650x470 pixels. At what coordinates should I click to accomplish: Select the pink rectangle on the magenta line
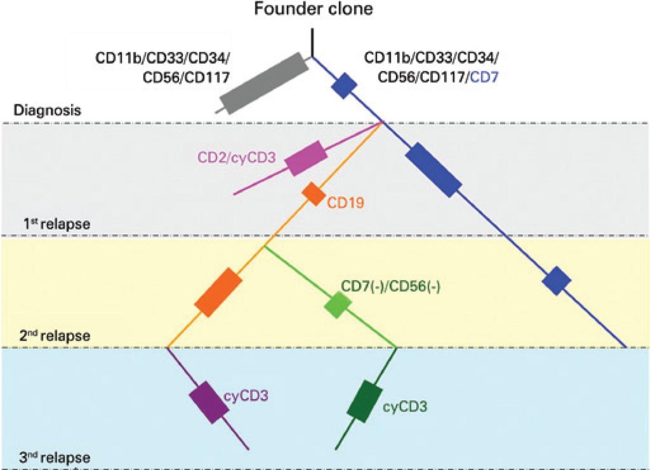[x=306, y=158]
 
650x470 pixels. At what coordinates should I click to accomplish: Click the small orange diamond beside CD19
[x=313, y=193]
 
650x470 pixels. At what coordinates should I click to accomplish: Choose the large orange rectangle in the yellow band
[x=218, y=293]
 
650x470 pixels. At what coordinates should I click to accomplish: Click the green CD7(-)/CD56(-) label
[x=391, y=286]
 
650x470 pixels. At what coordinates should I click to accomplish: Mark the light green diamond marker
[x=337, y=305]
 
